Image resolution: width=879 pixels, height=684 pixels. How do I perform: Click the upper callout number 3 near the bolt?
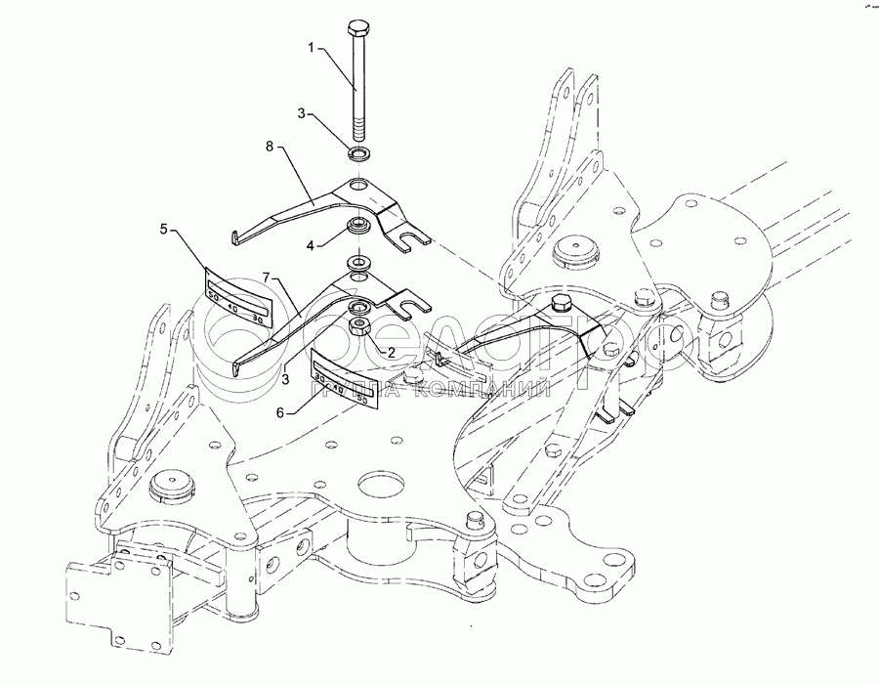click(x=303, y=115)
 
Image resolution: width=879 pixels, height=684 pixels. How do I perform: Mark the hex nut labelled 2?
click(x=357, y=327)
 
